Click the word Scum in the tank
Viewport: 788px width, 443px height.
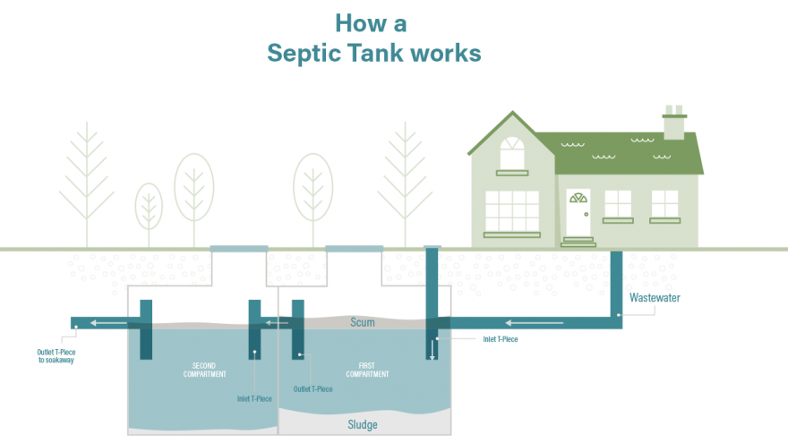363,322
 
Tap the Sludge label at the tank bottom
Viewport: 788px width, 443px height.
363,425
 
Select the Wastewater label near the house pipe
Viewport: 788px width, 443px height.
655,298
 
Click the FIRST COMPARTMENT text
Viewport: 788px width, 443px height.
367,370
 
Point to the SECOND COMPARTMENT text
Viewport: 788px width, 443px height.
204,370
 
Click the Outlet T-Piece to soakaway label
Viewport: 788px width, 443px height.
56,356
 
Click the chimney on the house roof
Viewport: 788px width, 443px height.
674,123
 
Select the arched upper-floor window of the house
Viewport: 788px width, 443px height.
512,153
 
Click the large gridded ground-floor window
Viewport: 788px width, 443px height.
512,211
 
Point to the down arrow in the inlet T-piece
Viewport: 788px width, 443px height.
432,350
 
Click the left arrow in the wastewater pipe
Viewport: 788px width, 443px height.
534,323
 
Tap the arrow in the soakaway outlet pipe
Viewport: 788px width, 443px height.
108,323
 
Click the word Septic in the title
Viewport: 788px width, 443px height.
304,53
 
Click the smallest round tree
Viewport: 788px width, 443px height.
149,207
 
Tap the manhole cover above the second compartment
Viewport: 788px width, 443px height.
239,249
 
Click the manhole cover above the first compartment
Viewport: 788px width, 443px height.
355,249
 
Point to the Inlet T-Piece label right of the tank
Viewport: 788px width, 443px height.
501,339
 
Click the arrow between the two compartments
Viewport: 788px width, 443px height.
277,323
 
